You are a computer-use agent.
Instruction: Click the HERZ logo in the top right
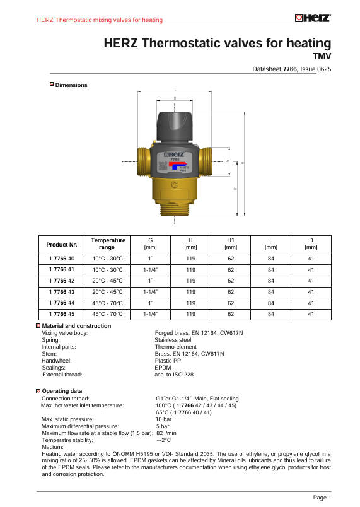click(x=313, y=18)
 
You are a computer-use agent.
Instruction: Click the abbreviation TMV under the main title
click(x=322, y=56)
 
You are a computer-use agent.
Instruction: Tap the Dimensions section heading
click(x=71, y=85)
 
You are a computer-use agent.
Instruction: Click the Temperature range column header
click(x=108, y=244)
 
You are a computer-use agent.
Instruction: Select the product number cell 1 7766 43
click(x=62, y=291)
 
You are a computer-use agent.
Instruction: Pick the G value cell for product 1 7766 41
click(x=151, y=269)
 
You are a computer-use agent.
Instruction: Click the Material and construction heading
click(x=76, y=326)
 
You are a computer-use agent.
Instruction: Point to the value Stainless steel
click(x=173, y=340)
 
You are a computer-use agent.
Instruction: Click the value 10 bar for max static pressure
click(x=163, y=419)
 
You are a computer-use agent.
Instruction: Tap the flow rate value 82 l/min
click(x=166, y=433)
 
